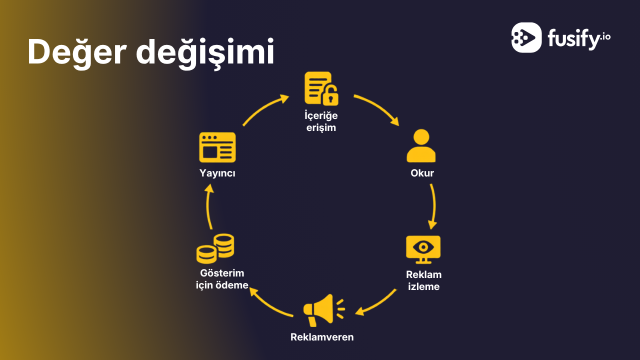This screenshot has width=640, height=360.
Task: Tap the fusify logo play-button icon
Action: pyautogui.click(x=526, y=37)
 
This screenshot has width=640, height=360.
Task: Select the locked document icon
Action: pyautogui.click(x=321, y=88)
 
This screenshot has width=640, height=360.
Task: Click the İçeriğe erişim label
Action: pyautogui.click(x=321, y=121)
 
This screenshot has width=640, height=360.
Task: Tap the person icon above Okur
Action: pyautogui.click(x=421, y=145)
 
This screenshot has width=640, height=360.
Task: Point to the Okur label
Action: pyautogui.click(x=422, y=173)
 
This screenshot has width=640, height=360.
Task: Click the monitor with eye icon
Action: pyautogui.click(x=423, y=249)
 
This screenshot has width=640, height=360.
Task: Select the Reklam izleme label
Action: pyautogui.click(x=423, y=280)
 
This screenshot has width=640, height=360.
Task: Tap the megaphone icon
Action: pyautogui.click(x=324, y=310)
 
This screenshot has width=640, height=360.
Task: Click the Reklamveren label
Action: pyautogui.click(x=322, y=337)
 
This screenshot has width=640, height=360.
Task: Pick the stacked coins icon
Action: pyautogui.click(x=215, y=248)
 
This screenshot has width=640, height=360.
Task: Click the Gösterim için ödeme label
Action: pyautogui.click(x=222, y=279)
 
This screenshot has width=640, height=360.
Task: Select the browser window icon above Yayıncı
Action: pyautogui.click(x=217, y=147)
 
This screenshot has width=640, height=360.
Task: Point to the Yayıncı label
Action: pyautogui.click(x=217, y=173)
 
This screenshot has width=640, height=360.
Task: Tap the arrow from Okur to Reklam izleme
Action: pyautogui.click(x=434, y=205)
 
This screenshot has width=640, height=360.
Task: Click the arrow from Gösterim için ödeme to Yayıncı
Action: pyautogui.click(x=207, y=206)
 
